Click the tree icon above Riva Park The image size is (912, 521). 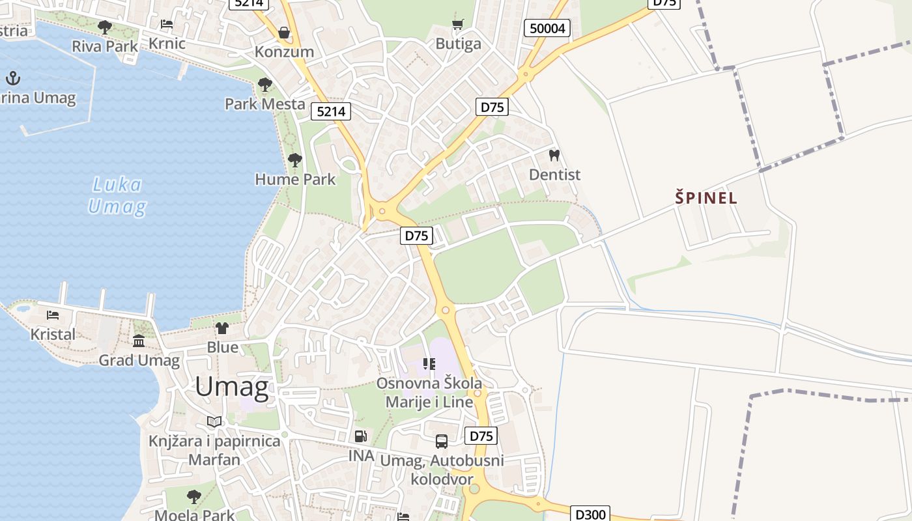[104, 27]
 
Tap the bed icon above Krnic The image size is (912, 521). [167, 25]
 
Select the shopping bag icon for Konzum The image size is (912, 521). [284, 32]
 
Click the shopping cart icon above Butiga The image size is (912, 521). [458, 24]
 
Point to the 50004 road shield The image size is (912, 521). [547, 28]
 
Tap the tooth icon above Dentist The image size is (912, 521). [554, 155]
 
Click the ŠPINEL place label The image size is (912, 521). [706, 198]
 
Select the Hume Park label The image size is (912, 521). [295, 179]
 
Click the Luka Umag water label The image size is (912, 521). [117, 196]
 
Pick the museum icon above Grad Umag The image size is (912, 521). [139, 341]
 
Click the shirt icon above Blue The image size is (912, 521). [222, 328]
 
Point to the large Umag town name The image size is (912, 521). [232, 387]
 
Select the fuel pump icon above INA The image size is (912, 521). [360, 436]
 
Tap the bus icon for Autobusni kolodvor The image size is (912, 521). [441, 442]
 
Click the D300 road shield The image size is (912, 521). [590, 514]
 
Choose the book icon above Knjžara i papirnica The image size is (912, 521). [214, 421]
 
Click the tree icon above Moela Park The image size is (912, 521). [194, 497]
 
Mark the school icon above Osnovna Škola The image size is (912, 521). [429, 363]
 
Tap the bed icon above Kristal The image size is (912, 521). [53, 315]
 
